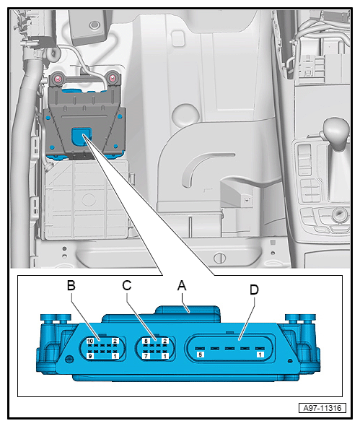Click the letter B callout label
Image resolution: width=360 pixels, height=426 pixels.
tap(71, 285)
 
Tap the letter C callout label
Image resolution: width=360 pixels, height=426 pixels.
tap(127, 285)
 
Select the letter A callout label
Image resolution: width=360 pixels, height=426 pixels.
tap(182, 285)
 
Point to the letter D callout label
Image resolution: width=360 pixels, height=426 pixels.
tap(254, 290)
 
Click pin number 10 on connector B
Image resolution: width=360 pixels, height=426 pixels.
tap(90, 341)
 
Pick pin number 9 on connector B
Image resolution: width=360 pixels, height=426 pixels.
tap(90, 356)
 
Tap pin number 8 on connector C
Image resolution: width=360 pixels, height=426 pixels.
tap(146, 341)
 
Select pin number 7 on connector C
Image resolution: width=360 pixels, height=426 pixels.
tap(146, 356)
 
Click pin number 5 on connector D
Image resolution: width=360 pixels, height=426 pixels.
tap(201, 355)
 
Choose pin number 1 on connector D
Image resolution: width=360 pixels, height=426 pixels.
tap(260, 355)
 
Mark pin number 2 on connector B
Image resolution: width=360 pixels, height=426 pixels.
tap(115, 341)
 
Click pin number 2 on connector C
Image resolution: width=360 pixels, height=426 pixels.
tap(165, 341)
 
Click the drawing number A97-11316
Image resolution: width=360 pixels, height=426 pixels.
tap(322, 408)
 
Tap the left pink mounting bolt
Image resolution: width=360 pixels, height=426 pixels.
tap(58, 79)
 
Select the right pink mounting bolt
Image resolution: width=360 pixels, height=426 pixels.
tap(112, 79)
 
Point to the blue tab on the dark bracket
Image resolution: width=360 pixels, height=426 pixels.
tap(81, 136)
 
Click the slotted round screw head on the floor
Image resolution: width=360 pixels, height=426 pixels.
tap(219, 258)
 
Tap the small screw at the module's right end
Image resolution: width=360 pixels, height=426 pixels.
tap(290, 361)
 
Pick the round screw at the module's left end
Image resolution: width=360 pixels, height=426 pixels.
tap(69, 360)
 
